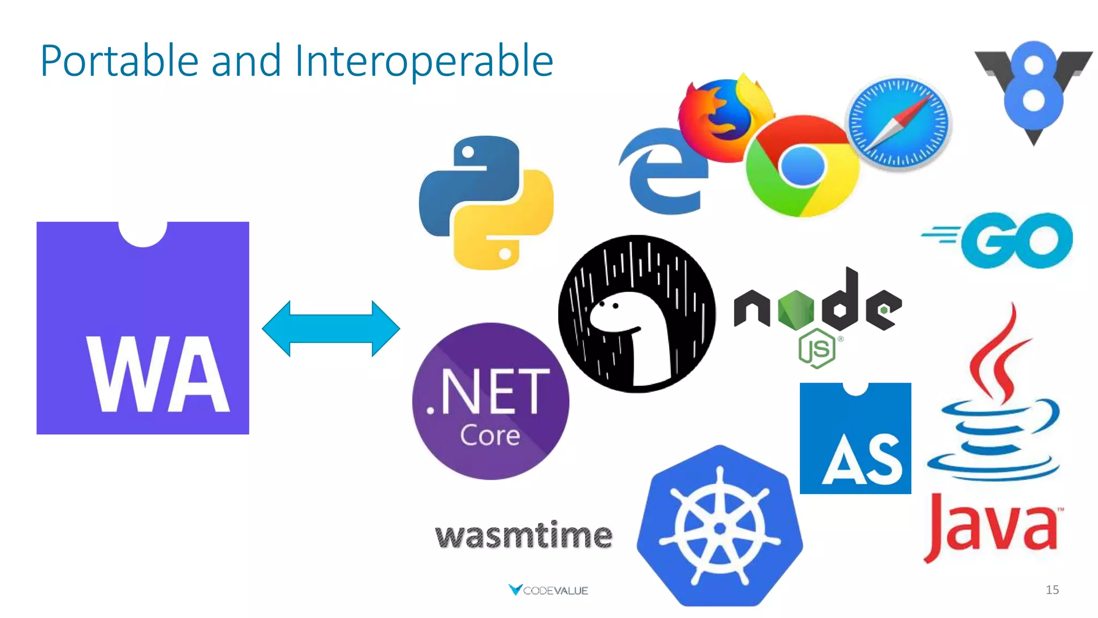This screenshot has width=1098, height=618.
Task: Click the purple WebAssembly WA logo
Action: click(143, 328)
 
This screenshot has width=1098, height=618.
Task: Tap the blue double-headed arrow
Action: click(331, 328)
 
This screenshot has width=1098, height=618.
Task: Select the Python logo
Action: click(486, 203)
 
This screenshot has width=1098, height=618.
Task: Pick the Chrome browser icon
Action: click(802, 166)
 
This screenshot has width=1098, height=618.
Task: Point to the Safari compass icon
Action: click(899, 123)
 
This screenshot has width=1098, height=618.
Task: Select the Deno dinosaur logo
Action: click(636, 314)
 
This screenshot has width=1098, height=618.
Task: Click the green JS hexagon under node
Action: click(817, 349)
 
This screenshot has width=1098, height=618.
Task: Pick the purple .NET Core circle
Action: click(491, 401)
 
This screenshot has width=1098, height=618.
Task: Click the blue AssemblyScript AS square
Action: click(855, 439)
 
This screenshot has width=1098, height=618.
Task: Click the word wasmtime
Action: click(524, 535)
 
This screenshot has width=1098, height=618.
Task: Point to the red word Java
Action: click(992, 528)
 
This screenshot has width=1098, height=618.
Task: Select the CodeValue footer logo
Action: click(548, 590)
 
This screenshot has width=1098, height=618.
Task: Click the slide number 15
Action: click(1052, 590)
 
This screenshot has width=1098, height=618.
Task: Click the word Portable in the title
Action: click(120, 61)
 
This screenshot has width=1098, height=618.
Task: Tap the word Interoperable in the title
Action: click(424, 61)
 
